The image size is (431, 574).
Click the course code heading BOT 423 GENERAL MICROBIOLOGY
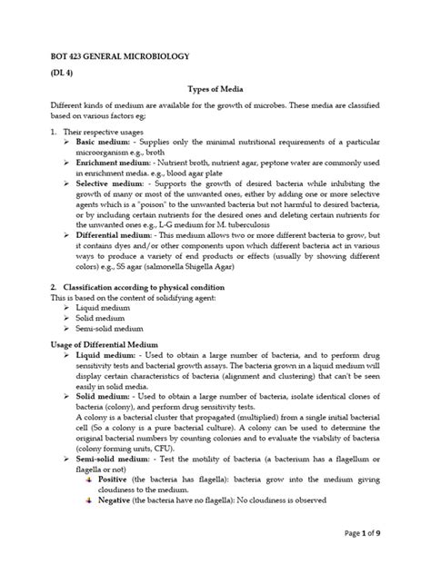pos(119,56)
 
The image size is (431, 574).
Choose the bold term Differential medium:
pos(119,234)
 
